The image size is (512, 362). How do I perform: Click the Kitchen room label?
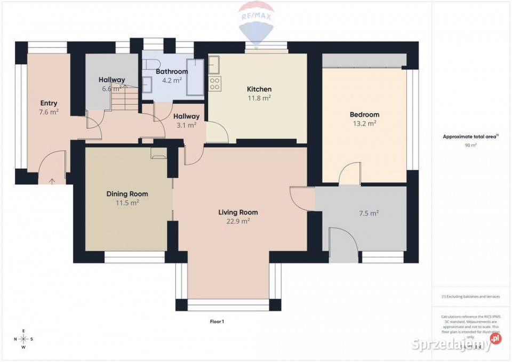[259, 89]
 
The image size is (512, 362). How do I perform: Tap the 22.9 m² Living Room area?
[238, 221]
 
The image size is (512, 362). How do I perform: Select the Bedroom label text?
[364, 115]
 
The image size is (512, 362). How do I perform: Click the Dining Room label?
[127, 194]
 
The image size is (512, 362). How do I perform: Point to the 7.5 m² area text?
[368, 213]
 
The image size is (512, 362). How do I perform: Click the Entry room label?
[49, 103]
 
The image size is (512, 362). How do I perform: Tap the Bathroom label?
[172, 71]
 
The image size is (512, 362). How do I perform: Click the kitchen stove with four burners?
[215, 83]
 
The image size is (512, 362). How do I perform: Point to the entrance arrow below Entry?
[52, 181]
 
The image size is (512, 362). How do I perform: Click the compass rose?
[23, 339]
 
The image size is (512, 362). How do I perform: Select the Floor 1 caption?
[217, 321]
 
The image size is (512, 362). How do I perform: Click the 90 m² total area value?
[470, 145]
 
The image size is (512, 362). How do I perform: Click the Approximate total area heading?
[470, 136]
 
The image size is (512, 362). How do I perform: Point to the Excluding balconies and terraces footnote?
[470, 296]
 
